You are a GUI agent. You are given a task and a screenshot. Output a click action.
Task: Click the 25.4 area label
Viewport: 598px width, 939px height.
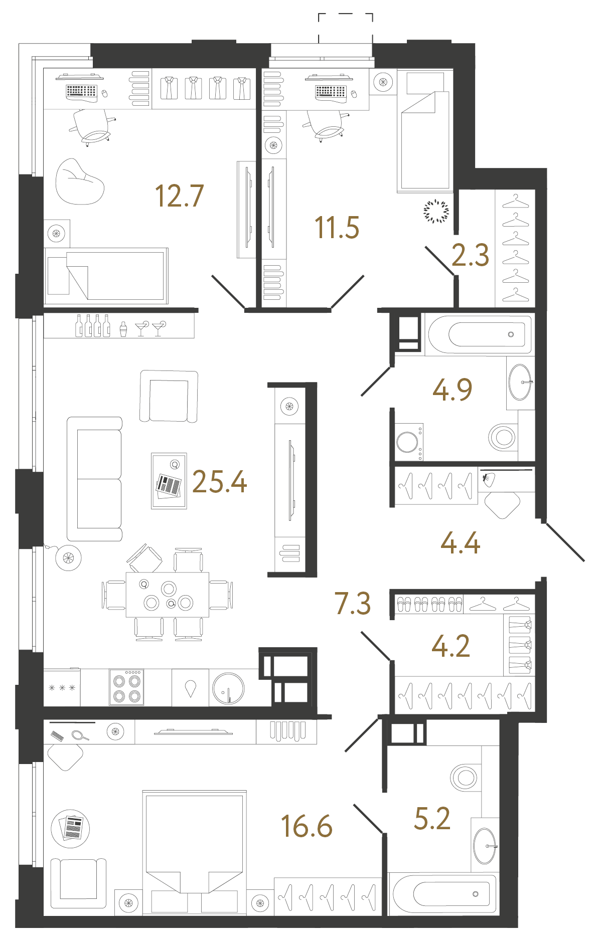click(x=219, y=482)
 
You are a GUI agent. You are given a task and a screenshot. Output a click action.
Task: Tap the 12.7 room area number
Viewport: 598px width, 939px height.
click(x=179, y=196)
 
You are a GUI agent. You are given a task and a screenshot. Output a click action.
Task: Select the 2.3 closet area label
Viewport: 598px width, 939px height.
click(x=470, y=255)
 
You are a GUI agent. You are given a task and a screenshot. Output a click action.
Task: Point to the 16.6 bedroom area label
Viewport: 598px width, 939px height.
click(x=307, y=826)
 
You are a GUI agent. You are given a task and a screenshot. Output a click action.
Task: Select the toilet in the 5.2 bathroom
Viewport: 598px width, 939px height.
click(x=465, y=778)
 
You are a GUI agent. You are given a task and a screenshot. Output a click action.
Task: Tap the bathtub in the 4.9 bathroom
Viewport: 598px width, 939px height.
click(x=479, y=334)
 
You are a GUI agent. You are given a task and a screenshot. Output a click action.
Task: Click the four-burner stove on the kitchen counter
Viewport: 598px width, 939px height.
click(x=126, y=688)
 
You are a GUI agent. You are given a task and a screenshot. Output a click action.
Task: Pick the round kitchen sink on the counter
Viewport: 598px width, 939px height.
click(x=228, y=688)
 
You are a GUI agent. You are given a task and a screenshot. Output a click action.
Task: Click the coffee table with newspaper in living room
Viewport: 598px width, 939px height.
click(x=169, y=481)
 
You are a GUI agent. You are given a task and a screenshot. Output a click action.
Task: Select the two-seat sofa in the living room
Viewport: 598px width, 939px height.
click(x=95, y=479)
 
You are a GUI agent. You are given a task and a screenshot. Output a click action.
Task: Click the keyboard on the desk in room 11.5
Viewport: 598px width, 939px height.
click(x=331, y=92)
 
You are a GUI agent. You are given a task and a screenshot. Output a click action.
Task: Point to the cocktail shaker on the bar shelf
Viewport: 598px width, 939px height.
click(x=123, y=328)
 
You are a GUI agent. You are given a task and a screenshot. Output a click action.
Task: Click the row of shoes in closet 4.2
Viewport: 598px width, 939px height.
click(x=429, y=604)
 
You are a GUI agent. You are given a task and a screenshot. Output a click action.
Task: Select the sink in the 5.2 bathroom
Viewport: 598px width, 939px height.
click(x=485, y=846)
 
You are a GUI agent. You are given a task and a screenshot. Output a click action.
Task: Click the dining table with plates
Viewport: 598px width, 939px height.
click(x=168, y=595)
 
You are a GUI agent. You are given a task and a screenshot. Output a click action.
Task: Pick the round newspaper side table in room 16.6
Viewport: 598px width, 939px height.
click(x=70, y=828)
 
